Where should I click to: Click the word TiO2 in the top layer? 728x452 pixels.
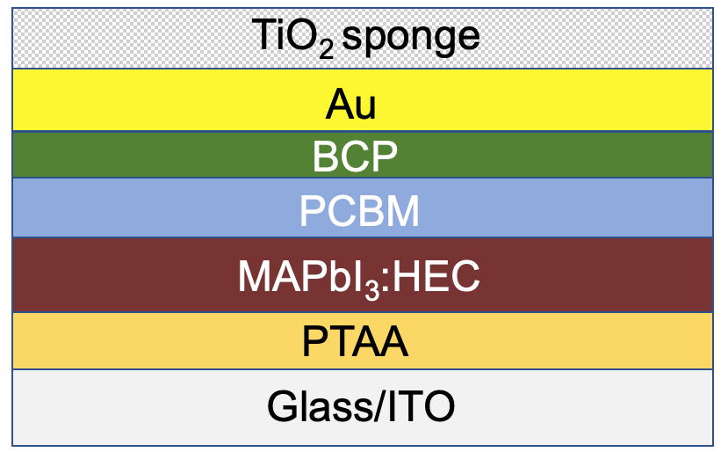tap(292, 37)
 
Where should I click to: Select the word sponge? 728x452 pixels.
tap(411, 39)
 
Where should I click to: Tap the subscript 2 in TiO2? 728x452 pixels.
tap(326, 50)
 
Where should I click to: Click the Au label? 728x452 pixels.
tap(350, 104)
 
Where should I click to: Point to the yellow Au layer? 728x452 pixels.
tap(363, 100)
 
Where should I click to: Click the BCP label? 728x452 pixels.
tap(355, 157)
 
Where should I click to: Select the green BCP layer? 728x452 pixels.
tap(363, 155)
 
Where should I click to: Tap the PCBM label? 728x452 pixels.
tap(359, 211)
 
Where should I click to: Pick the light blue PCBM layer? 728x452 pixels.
tap(363, 208)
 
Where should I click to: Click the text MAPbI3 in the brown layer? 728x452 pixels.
tap(309, 279)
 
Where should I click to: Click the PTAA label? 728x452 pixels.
tap(355, 341)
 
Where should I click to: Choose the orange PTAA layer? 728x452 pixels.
tap(363, 341)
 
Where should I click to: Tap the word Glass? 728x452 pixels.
tap(320, 406)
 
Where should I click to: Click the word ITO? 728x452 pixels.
tap(421, 406)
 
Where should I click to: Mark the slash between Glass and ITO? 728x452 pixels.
tap(379, 406)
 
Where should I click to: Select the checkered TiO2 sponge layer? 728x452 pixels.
tap(363, 38)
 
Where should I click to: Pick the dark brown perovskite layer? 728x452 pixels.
tap(363, 275)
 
